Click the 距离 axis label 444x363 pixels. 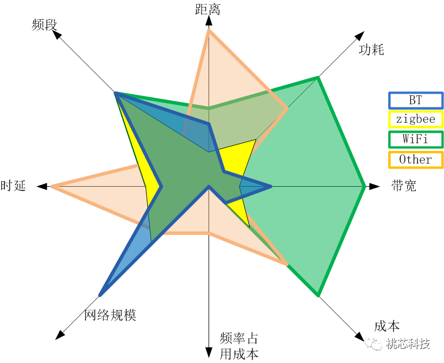coord(207,9)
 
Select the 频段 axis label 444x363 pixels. coord(45,25)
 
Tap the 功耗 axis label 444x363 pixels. coord(372,50)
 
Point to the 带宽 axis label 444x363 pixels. coord(404,186)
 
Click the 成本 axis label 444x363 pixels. coord(387,326)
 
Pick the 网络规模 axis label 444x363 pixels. coord(110,315)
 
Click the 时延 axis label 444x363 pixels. coord(13,186)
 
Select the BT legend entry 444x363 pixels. coord(416,100)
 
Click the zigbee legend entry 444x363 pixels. coord(416,120)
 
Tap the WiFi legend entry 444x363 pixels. coord(416,139)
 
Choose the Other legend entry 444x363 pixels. coord(416,160)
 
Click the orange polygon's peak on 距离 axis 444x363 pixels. coord(208,30)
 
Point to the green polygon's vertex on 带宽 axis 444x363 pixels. coord(364,186)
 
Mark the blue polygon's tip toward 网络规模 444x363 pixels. coord(100,295)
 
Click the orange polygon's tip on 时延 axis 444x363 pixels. coord(52,186)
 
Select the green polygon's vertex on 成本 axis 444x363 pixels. coord(318,296)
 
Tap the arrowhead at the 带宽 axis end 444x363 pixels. coord(375,186)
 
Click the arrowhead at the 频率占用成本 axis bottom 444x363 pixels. coord(208,353)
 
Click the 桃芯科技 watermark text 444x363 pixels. coord(408,344)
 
